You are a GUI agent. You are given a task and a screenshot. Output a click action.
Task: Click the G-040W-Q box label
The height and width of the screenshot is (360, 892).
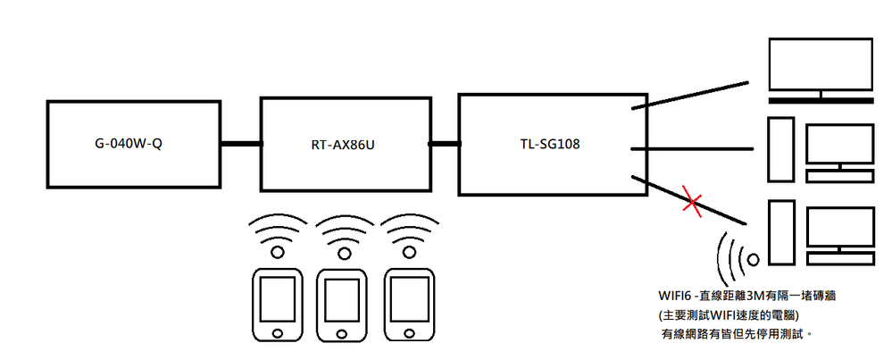(x=132, y=143)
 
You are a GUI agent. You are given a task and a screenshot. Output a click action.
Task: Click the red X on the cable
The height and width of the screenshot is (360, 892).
(x=690, y=202)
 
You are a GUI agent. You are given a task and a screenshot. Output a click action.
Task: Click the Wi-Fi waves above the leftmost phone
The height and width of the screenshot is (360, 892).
(x=277, y=235)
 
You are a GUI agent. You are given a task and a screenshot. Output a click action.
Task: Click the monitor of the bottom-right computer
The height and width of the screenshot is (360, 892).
(x=839, y=228)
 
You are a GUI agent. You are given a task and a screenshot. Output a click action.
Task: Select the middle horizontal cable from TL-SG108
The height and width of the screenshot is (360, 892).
(x=693, y=147)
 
